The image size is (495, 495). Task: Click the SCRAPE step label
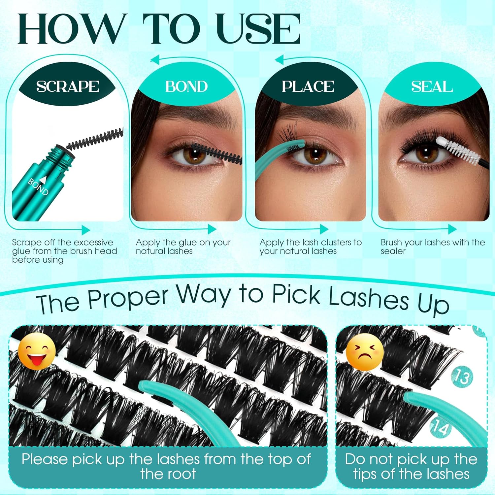click(x=68, y=86)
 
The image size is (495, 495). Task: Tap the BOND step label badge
click(x=186, y=86)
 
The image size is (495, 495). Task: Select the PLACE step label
click(x=308, y=86)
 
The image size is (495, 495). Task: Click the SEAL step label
click(x=432, y=86)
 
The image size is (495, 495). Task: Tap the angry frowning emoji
click(x=365, y=352)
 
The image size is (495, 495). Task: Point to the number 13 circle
click(x=462, y=377)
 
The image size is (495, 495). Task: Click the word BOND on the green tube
click(x=38, y=186)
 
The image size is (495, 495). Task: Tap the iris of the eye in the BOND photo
click(x=195, y=154)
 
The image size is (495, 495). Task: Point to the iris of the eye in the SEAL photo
click(x=426, y=153)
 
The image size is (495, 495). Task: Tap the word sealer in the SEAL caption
click(x=393, y=251)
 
